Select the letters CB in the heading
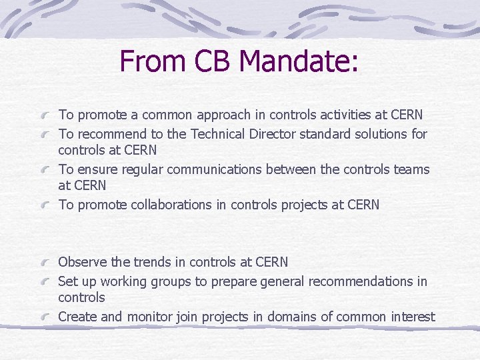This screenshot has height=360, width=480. point(214,61)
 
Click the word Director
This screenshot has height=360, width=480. point(273,134)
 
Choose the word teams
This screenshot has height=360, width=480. point(411,169)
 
